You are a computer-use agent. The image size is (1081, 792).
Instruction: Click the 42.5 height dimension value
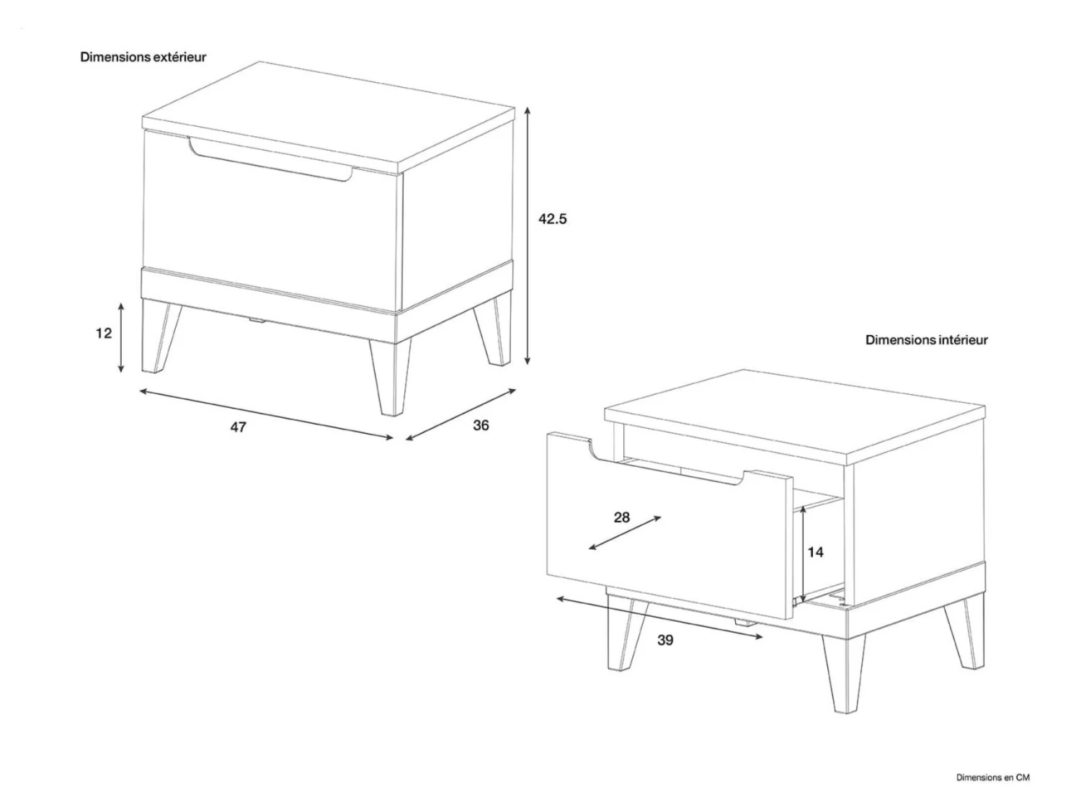pos(553,219)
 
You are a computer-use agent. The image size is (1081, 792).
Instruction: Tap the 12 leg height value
pos(104,333)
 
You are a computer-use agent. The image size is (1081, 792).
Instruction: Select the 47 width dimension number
pos(238,427)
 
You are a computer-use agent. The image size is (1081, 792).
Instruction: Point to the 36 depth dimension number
pos(481,425)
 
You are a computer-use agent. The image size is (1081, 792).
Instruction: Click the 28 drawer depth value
pos(621,517)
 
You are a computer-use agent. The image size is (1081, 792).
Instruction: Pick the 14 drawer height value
pos(815,552)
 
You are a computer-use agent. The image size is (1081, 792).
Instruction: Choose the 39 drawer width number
pos(665,640)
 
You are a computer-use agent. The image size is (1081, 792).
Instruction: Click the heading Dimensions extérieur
pos(143,57)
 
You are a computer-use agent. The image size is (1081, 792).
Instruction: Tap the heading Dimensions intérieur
pos(927,339)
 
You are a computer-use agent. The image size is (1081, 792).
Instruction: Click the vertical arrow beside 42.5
pos(528,236)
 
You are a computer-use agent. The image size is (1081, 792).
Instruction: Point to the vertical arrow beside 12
pos(120,338)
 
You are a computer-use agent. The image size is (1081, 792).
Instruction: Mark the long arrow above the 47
pos(267,414)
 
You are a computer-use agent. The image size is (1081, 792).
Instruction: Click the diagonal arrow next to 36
pos(461,414)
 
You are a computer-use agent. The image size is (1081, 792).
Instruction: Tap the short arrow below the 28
pos(625,533)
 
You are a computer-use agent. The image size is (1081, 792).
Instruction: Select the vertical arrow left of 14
pos(801,554)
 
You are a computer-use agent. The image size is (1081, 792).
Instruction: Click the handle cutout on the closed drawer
pos(271,160)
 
